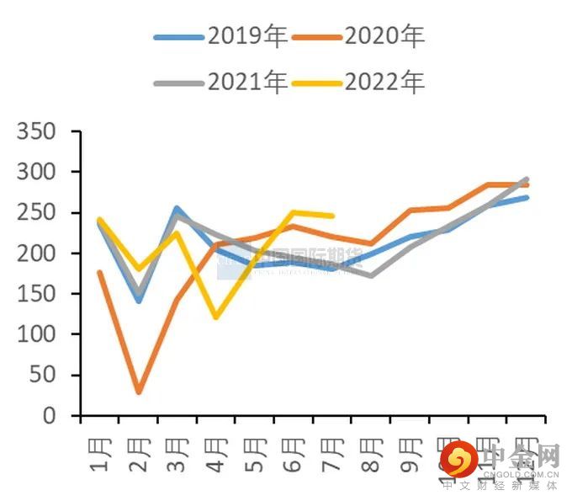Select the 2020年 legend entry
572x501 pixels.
[359, 36]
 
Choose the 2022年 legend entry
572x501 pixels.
[359, 82]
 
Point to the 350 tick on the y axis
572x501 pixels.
[37, 132]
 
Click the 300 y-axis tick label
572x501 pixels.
[37, 173]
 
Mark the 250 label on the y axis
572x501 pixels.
[37, 213]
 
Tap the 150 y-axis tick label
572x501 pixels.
[37, 295]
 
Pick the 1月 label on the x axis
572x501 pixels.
[98, 456]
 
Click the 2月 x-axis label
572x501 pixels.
[139, 456]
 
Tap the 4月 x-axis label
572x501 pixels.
[216, 456]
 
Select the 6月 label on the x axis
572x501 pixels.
[294, 456]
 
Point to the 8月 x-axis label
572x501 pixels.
[371, 456]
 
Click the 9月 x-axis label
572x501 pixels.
[410, 456]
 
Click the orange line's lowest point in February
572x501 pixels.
[139, 392]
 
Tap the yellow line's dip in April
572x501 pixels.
[216, 317]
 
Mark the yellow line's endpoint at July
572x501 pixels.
[332, 216]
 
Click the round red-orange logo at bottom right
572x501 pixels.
[460, 460]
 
